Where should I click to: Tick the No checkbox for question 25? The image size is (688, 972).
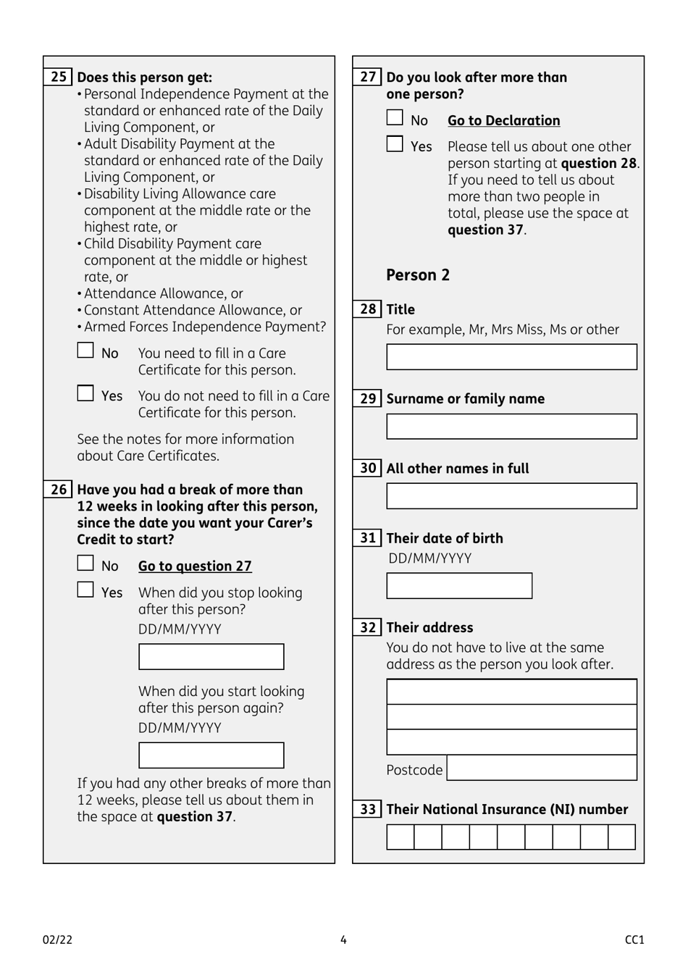click(x=85, y=351)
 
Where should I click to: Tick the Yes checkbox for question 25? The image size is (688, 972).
click(x=85, y=393)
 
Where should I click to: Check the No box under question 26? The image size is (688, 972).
click(x=85, y=563)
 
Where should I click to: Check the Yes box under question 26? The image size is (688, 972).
click(x=85, y=590)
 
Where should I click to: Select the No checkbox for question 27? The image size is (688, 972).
click(x=395, y=118)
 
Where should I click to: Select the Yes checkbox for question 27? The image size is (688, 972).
click(x=395, y=144)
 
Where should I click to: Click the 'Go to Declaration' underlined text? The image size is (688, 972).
click(x=503, y=121)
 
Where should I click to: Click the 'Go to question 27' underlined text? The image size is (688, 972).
click(x=195, y=566)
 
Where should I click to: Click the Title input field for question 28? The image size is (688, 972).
click(x=511, y=357)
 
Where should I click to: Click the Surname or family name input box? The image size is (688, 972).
click(x=511, y=427)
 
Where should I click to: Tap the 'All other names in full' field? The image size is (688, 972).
click(x=511, y=496)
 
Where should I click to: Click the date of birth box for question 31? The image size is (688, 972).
click(x=459, y=586)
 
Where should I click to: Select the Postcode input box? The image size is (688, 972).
click(x=542, y=768)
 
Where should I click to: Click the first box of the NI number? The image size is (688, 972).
click(x=400, y=837)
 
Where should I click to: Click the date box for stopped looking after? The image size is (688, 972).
click(x=211, y=657)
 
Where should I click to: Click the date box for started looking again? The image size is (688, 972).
click(x=211, y=755)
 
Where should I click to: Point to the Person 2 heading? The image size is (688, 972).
click(x=418, y=275)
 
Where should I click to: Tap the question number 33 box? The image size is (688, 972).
click(x=368, y=809)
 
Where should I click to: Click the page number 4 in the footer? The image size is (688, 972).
click(x=343, y=940)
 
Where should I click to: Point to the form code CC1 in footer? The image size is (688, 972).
click(x=634, y=940)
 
